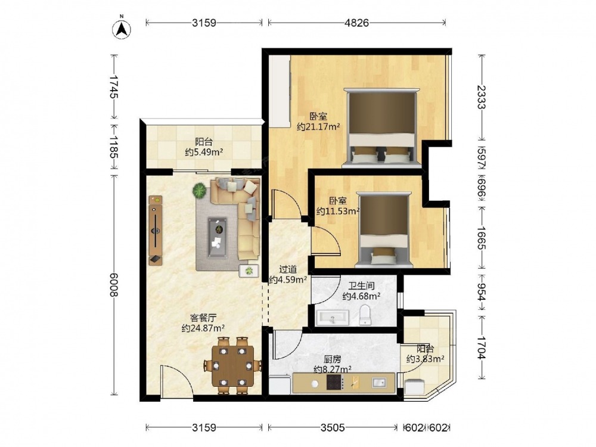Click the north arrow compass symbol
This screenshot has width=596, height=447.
pyautogui.click(x=122, y=28)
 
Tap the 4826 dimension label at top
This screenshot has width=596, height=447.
pyautogui.click(x=356, y=23)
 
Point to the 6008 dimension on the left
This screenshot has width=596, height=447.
pyautogui.click(x=114, y=284)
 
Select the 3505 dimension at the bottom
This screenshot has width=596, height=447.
pyautogui.click(x=332, y=427)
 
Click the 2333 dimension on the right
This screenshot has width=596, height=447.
pyautogui.click(x=482, y=97)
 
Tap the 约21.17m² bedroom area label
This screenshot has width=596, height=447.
pyautogui.click(x=318, y=127)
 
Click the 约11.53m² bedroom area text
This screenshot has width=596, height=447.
pyautogui.click(x=338, y=211)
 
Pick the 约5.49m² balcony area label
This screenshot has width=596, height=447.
pyautogui.click(x=204, y=153)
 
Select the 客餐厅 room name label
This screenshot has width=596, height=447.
pyautogui.click(x=203, y=317)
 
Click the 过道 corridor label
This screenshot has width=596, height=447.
pyautogui.click(x=288, y=269)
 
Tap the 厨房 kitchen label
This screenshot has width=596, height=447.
pyautogui.click(x=332, y=359)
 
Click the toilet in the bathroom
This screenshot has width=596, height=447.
pyautogui.click(x=365, y=315)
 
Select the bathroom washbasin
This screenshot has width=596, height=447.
pyautogui.click(x=333, y=318)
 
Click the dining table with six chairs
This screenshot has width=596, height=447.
pyautogui.click(x=233, y=365)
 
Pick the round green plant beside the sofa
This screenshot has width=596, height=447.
pyautogui.click(x=200, y=191)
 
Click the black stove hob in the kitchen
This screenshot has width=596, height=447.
pyautogui.click(x=334, y=383)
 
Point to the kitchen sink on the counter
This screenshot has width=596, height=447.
pyautogui.click(x=379, y=383)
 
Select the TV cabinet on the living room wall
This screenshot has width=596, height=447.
pyautogui.click(x=156, y=230)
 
